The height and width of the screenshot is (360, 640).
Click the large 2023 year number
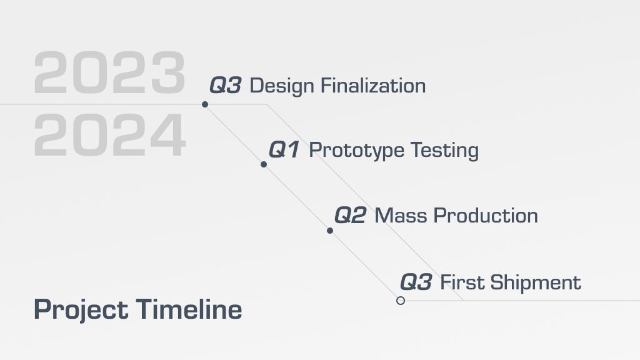coord(110,72)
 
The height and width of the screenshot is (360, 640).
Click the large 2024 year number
coord(110,135)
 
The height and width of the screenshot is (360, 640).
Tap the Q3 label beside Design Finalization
coord(225,85)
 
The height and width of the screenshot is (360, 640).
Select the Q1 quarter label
coord(284,149)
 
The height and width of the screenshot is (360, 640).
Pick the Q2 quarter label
coord(350,215)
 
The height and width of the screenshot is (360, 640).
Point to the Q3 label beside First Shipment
coord(416,282)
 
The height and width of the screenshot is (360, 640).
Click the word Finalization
coord(373,86)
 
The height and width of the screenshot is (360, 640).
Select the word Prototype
coord(356,151)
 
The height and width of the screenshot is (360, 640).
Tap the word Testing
coord(444,151)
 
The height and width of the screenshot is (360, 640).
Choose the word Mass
coord(401,216)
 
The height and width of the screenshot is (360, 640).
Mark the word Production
coord(485,216)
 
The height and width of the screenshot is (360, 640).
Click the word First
coord(462,282)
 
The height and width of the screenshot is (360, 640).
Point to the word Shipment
coord(535,283)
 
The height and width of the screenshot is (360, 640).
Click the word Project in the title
coord(81,310)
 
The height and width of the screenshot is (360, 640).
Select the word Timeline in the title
coord(189,309)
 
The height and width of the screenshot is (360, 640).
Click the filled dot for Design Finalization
coord(205,104)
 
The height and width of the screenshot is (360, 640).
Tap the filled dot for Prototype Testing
coord(264,164)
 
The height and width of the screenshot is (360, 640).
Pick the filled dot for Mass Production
coord(330,231)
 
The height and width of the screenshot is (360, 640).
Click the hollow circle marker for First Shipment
coord(401,297)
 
